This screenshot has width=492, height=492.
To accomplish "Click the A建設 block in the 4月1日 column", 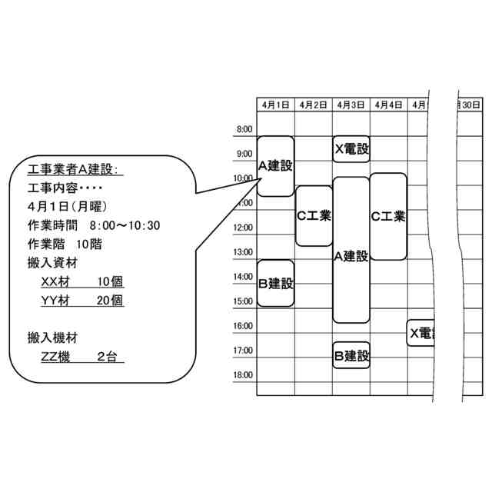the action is [x=275, y=165].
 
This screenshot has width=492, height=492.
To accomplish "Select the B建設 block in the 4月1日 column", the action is [x=275, y=283].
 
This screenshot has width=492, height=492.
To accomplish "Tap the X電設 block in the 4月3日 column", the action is [x=351, y=148].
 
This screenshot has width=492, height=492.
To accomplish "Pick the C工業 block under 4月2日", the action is [x=314, y=216].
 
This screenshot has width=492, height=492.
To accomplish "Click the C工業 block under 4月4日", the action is [x=388, y=216].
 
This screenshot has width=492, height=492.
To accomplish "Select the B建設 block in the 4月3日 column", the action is [x=351, y=355].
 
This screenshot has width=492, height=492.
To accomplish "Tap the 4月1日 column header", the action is [x=275, y=105].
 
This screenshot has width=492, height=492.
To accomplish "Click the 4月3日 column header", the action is [x=351, y=105].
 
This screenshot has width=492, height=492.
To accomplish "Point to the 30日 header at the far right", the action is [x=470, y=105].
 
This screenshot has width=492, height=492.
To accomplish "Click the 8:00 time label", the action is [x=244, y=129].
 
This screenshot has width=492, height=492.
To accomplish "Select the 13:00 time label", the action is [x=242, y=252].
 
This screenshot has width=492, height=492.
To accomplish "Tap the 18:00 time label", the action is [x=242, y=375].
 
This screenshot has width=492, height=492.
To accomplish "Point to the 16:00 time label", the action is [x=242, y=326].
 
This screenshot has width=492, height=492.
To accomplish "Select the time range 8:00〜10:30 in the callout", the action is [x=124, y=225].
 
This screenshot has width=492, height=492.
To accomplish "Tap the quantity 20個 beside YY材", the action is [x=110, y=301].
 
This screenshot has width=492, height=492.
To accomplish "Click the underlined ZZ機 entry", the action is [x=55, y=357].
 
